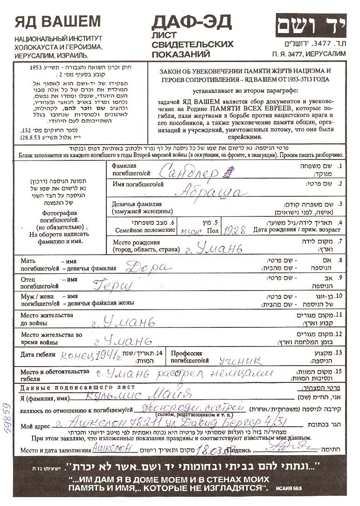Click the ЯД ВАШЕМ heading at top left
tap(57, 21)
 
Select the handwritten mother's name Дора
tap(149, 267)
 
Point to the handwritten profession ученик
tap(240, 360)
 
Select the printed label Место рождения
tap(136, 243)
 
